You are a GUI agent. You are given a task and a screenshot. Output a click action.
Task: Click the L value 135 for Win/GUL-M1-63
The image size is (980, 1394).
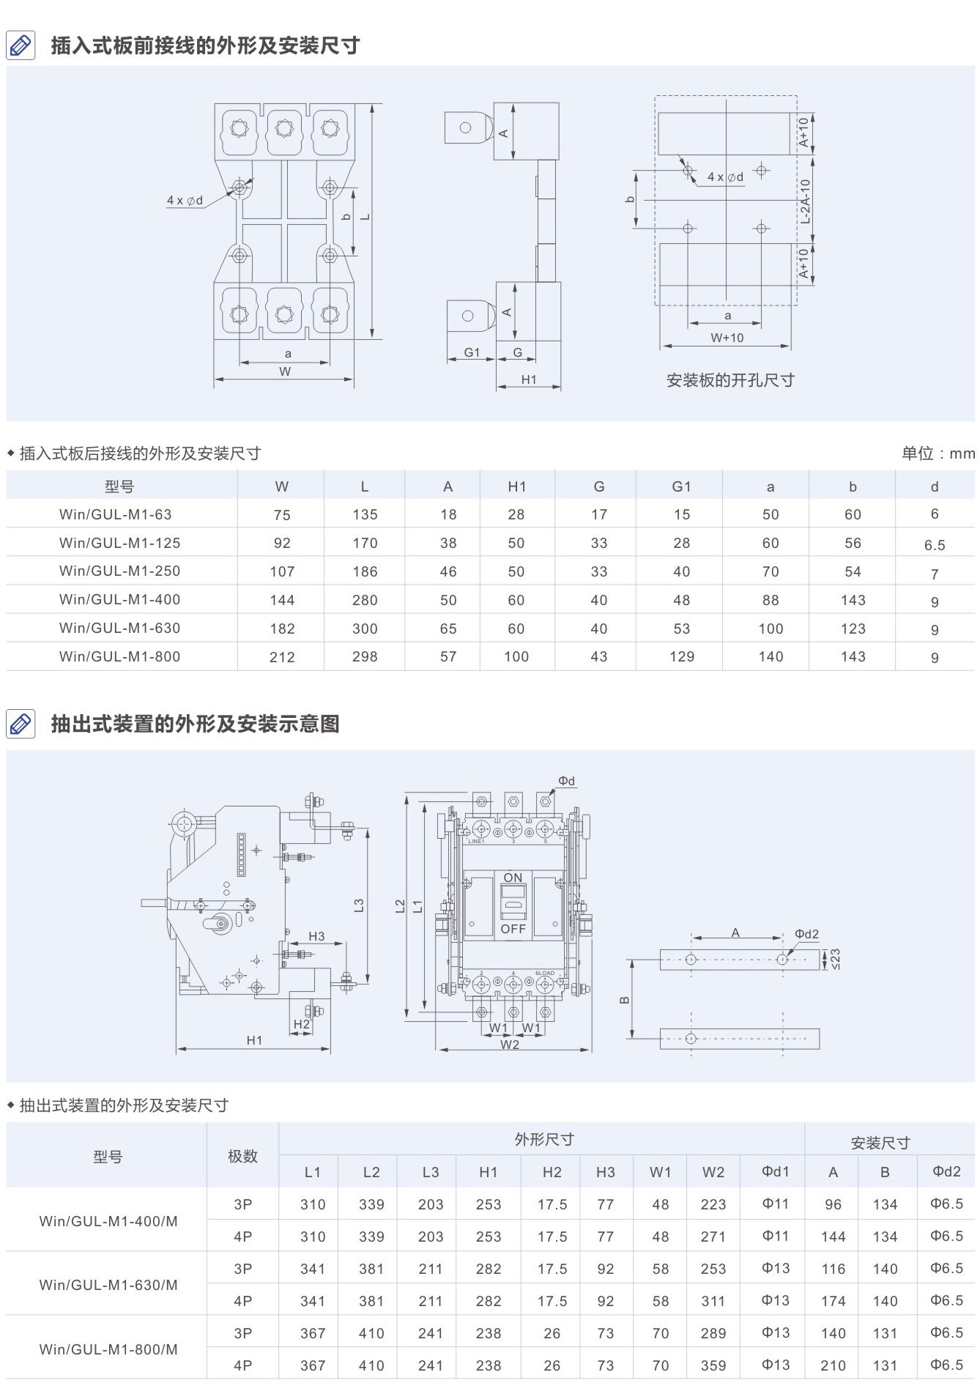point(365,514)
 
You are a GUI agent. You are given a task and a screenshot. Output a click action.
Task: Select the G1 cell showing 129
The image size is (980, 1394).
point(681,656)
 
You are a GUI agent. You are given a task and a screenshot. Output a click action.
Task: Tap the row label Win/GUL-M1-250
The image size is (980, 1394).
point(119,571)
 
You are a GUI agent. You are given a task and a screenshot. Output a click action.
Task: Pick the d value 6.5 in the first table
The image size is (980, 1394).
point(934,545)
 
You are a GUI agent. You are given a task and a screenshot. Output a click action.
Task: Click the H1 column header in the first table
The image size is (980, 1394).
point(516,486)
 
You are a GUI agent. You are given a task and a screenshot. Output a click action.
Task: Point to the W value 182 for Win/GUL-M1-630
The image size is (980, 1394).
point(282,629)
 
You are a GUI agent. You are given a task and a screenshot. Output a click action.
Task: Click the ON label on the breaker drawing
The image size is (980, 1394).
point(513,878)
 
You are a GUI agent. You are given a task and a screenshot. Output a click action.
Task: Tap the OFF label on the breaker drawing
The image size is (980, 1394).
point(513,929)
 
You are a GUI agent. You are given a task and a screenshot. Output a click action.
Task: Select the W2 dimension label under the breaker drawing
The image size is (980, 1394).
point(510,1045)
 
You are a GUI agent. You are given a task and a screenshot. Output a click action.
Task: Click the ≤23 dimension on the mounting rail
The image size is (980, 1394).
point(835,958)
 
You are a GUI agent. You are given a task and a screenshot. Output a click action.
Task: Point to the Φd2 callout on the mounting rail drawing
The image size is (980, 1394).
point(806,934)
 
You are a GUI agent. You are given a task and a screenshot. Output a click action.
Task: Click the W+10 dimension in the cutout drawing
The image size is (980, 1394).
point(727,338)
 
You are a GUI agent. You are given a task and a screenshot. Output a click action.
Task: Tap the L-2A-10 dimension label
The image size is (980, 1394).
point(805,201)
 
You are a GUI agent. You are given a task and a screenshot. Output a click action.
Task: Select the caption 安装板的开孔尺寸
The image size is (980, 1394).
point(730,380)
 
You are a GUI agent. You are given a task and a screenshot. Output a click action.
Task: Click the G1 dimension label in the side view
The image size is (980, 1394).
point(472,352)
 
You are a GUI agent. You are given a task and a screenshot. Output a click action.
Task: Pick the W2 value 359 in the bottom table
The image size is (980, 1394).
point(713,1365)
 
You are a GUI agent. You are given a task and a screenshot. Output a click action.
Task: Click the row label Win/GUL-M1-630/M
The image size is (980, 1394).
point(108,1285)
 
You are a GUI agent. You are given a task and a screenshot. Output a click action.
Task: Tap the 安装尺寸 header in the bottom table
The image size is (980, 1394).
point(880,1143)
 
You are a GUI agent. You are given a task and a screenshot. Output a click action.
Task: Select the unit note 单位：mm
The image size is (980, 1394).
point(938,453)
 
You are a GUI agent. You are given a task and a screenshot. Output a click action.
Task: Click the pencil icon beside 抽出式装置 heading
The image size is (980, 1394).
point(21,724)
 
